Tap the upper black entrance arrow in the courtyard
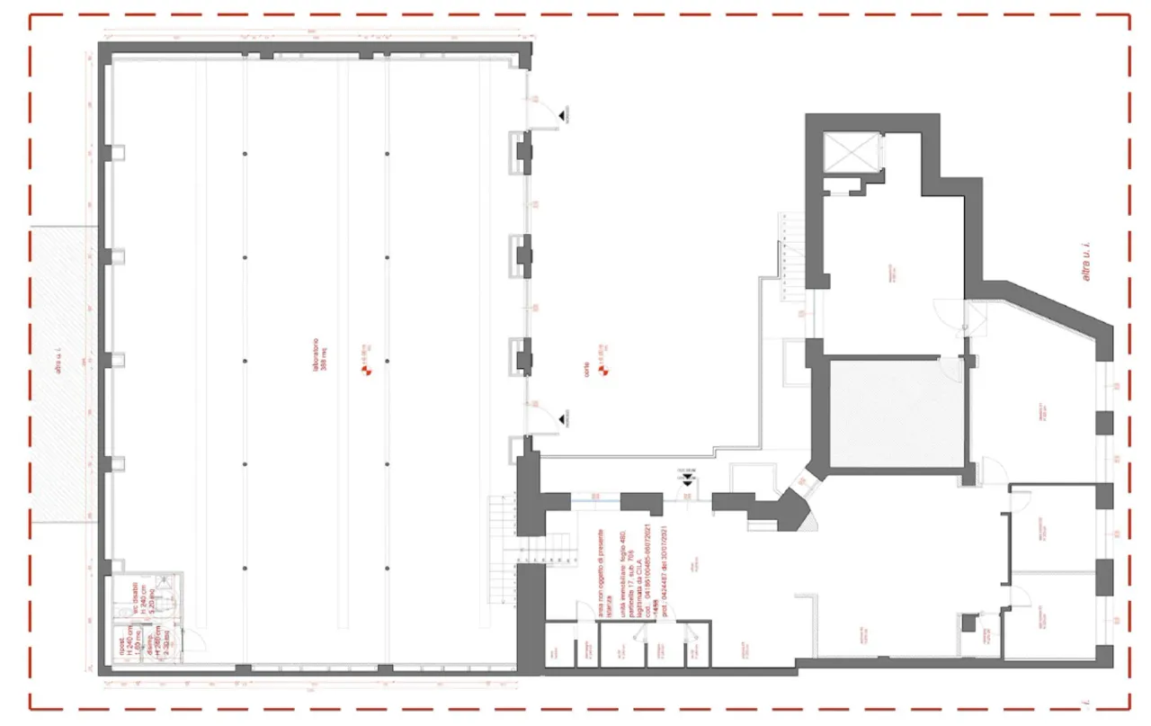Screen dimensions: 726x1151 pyautogui.click(x=562, y=113)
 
